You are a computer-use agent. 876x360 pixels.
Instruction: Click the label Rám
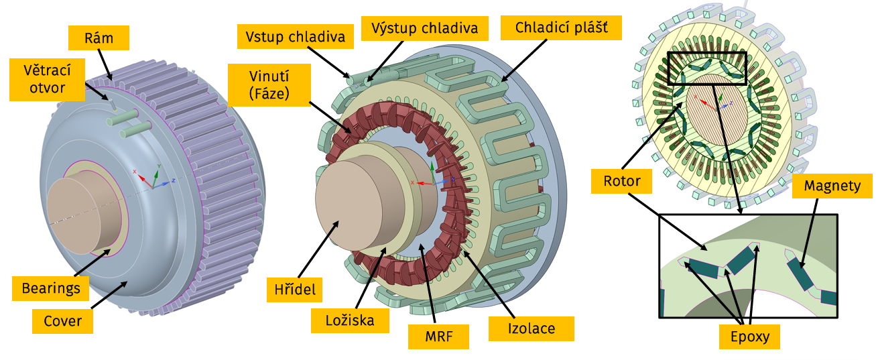click(99, 38)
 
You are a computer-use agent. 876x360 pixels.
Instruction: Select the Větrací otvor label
click(47, 78)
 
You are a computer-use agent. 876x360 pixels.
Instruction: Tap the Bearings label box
click(50, 288)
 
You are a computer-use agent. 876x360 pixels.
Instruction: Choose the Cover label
click(62, 320)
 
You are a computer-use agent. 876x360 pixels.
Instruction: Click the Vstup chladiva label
click(295, 37)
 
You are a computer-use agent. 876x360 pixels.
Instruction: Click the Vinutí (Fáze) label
click(268, 85)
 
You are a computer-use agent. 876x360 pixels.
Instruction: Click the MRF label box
click(438, 337)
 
